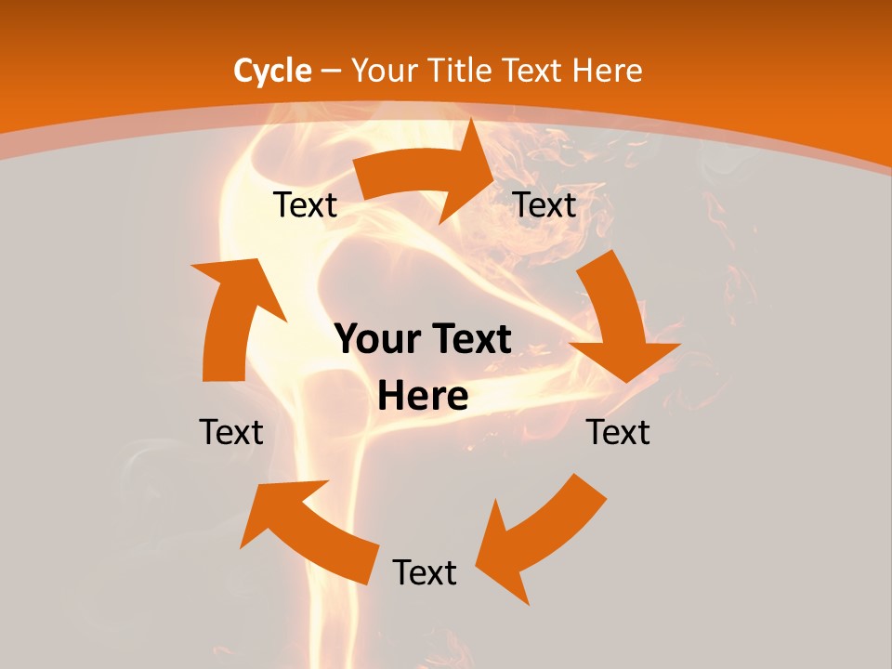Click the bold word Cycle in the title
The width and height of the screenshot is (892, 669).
(272, 71)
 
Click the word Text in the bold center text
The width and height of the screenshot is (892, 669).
(470, 340)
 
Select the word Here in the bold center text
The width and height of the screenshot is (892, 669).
(423, 396)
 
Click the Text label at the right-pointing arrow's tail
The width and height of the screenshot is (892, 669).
(305, 205)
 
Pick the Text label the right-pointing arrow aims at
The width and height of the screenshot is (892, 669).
(545, 205)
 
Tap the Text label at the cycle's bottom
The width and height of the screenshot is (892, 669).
(425, 572)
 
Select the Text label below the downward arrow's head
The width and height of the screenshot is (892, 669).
(618, 432)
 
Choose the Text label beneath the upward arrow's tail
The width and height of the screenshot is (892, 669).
(231, 432)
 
